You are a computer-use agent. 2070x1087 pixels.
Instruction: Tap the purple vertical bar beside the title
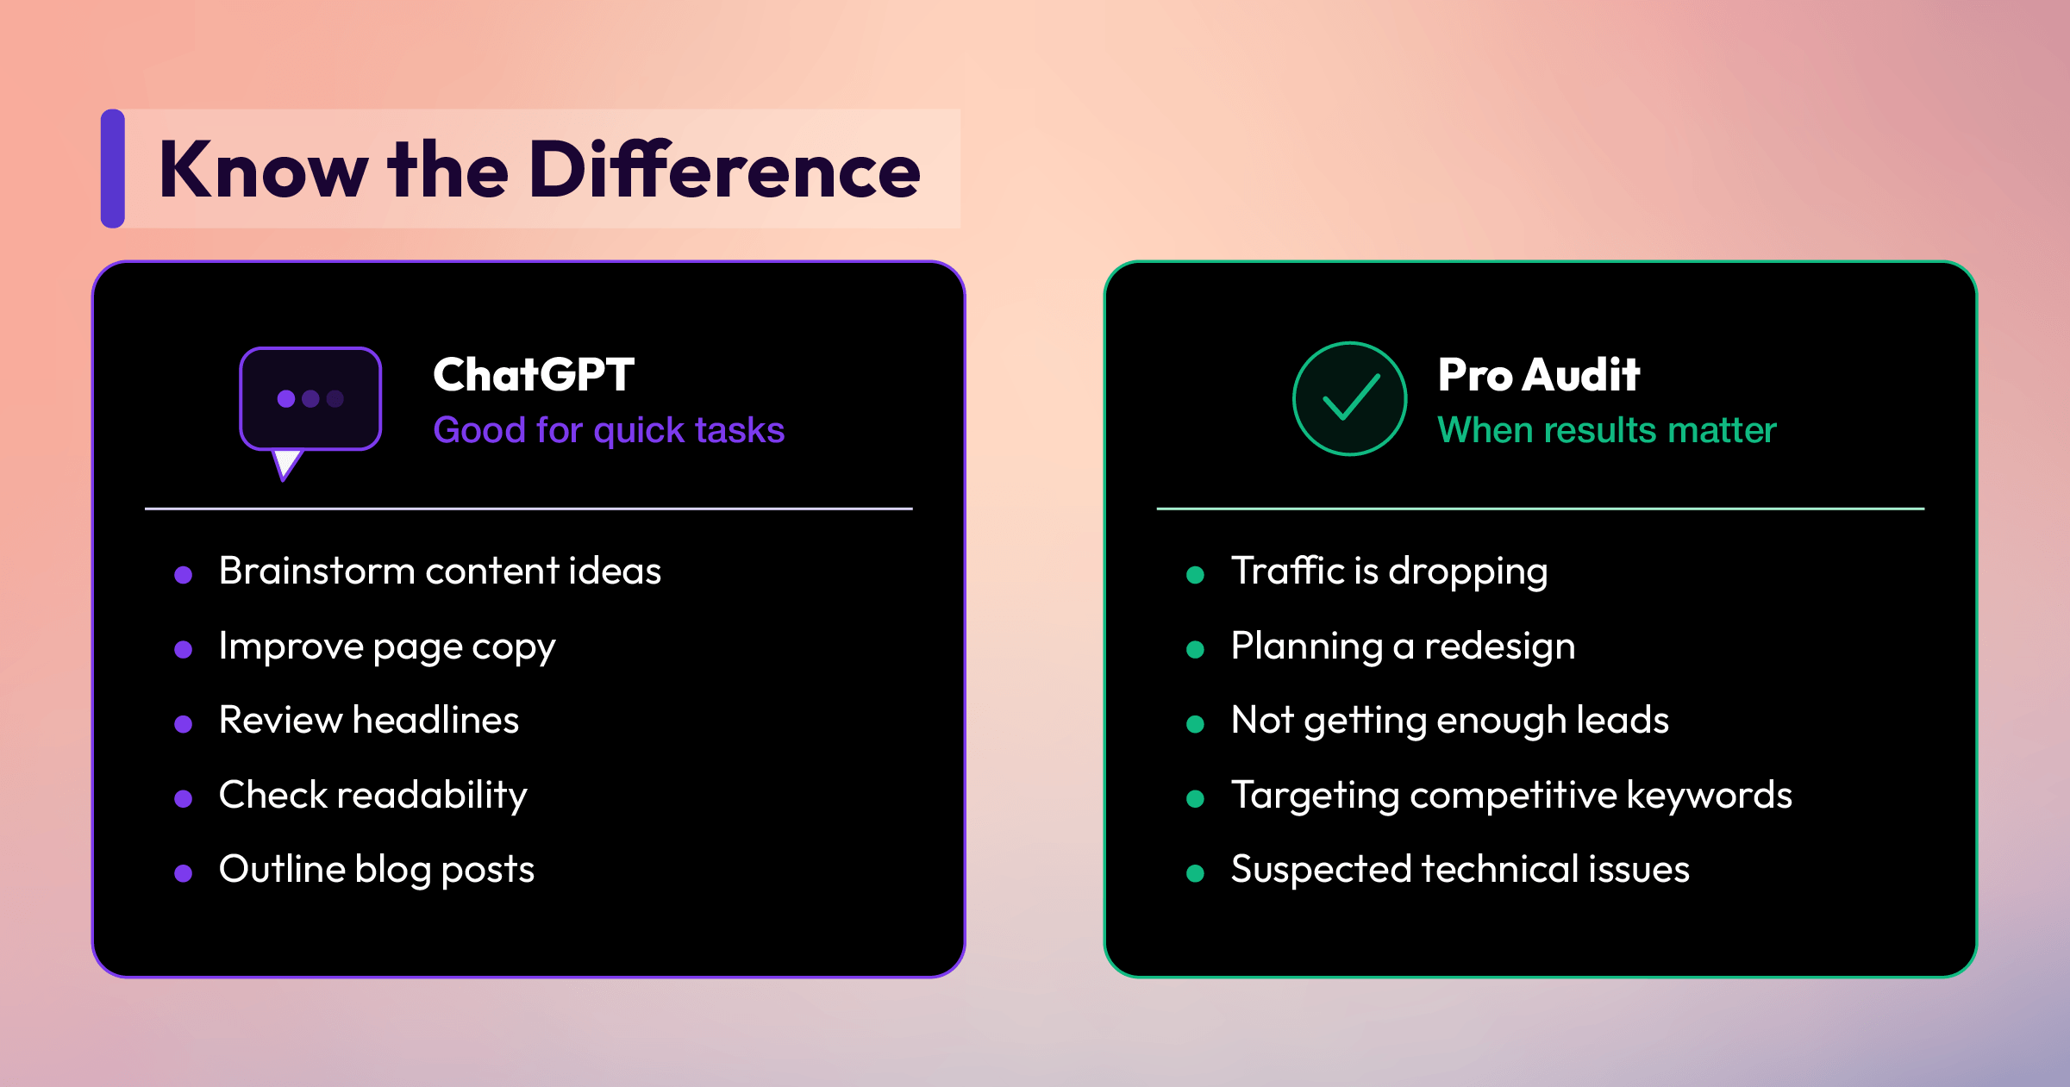point(113,169)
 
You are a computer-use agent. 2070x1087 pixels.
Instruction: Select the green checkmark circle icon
point(1350,399)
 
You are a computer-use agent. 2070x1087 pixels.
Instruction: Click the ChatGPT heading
point(534,375)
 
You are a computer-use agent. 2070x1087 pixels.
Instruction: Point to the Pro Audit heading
point(1539,375)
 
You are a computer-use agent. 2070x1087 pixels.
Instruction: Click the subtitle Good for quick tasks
point(609,430)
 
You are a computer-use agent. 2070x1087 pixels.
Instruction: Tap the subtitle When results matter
point(1607,430)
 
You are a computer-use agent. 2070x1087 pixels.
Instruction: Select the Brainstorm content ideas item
point(440,571)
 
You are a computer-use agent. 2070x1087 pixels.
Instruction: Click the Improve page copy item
point(387,647)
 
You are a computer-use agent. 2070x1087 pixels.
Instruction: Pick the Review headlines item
point(369,720)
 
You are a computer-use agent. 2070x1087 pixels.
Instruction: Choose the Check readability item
point(372,796)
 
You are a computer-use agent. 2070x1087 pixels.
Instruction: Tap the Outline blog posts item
point(377,870)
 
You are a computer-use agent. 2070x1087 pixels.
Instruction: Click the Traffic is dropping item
point(1389,572)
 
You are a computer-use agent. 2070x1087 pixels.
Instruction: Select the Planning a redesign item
point(1403,647)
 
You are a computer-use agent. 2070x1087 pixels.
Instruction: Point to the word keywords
point(1709,795)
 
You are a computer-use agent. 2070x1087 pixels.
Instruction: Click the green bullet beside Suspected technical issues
point(1195,873)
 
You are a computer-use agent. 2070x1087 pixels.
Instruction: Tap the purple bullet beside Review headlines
point(183,724)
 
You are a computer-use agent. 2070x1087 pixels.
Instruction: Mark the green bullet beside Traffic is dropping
point(1195,575)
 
